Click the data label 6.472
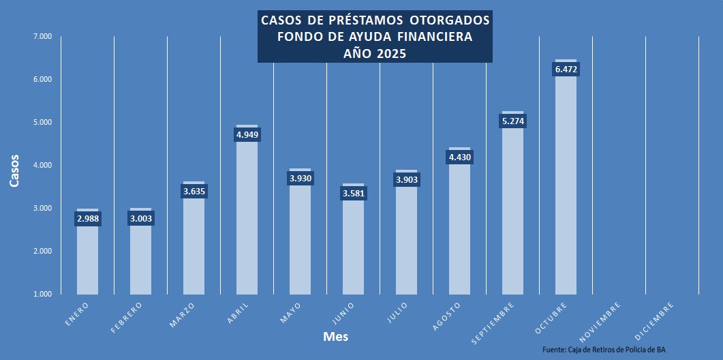coord(566,70)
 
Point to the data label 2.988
coord(87,219)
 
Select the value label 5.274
coord(513,121)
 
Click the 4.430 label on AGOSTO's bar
coord(460,157)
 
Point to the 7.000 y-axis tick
coord(42,36)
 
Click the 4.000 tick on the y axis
coord(42,165)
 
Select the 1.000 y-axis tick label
coord(42,294)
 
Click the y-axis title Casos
coord(14,172)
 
